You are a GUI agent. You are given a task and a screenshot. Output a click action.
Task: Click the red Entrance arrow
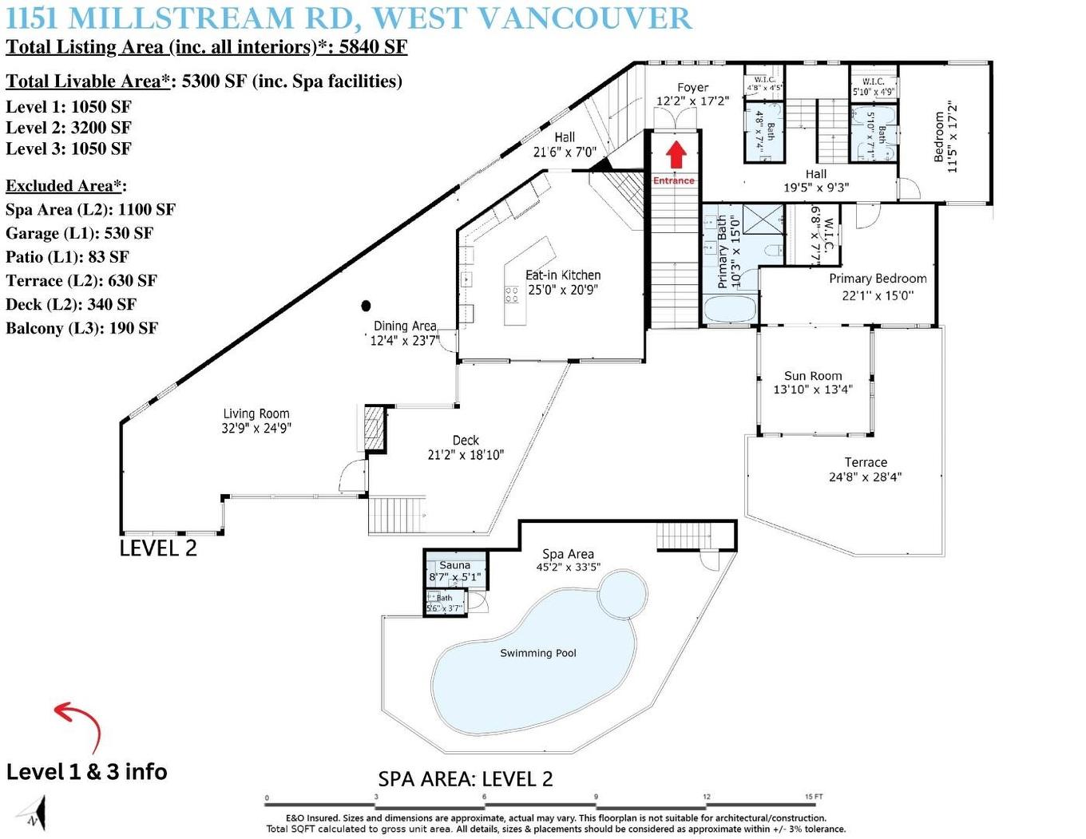[x=676, y=154]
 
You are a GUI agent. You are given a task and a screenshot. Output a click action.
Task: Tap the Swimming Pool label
[x=537, y=653]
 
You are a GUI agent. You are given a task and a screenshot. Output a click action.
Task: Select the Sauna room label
[x=454, y=565]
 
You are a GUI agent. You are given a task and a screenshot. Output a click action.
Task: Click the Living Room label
[x=256, y=414]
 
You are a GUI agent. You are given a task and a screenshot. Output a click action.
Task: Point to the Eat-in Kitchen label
[x=563, y=275]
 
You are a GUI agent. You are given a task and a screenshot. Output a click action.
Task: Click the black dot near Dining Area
[x=366, y=305]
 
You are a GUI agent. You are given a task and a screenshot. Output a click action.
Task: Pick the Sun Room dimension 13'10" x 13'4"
[x=812, y=390]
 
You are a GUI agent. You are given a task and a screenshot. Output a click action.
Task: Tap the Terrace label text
[x=866, y=462]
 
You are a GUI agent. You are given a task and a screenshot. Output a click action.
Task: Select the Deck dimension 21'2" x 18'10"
[x=466, y=455]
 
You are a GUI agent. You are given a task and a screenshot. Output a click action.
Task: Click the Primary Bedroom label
[x=878, y=279]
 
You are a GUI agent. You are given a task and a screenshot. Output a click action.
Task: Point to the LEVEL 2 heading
[x=157, y=548]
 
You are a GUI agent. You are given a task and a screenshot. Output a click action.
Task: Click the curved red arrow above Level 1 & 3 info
[x=79, y=723]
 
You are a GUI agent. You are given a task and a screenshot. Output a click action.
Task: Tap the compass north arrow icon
[x=35, y=815]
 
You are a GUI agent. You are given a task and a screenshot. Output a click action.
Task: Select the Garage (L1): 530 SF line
[x=79, y=233]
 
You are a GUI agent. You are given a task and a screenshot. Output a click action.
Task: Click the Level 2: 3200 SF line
[x=69, y=128]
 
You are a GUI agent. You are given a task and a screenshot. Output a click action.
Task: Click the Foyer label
[x=692, y=88]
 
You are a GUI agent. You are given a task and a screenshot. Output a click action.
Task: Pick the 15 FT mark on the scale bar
[x=813, y=797]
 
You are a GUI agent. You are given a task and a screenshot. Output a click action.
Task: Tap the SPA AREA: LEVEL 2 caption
[x=465, y=779]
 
